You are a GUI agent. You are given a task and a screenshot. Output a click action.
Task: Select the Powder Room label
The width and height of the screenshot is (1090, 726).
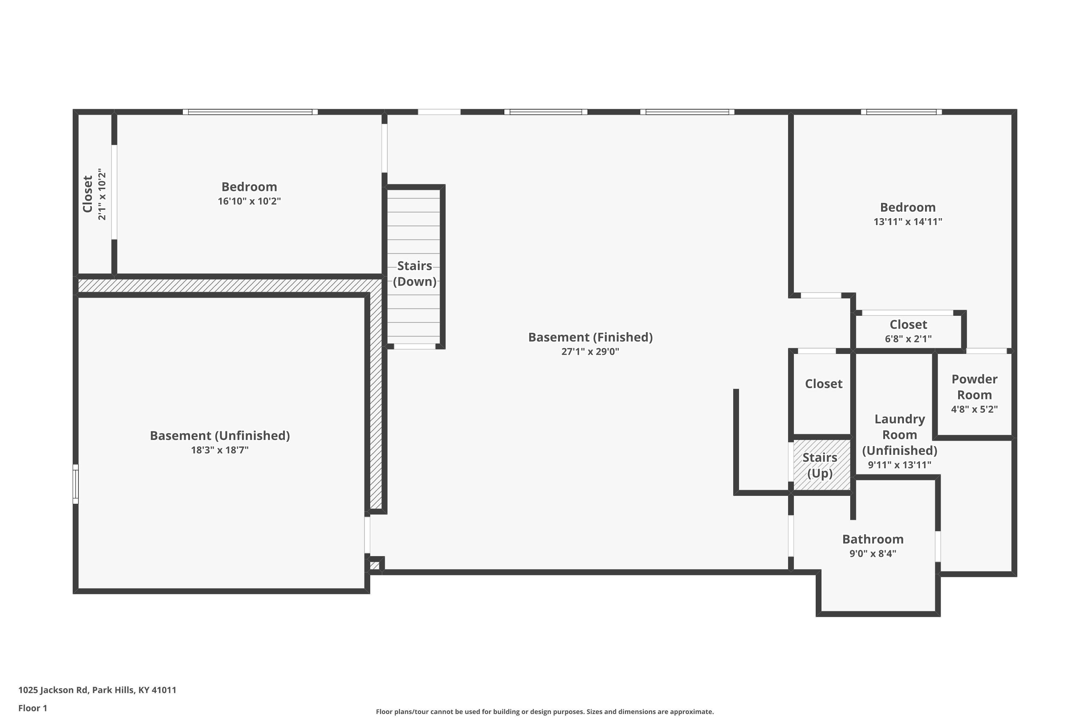click(x=974, y=387)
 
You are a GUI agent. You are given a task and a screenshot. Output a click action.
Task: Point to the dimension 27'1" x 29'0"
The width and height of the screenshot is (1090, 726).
click(x=590, y=351)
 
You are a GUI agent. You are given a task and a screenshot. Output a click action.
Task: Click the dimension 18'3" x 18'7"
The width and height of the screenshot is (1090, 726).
click(x=220, y=450)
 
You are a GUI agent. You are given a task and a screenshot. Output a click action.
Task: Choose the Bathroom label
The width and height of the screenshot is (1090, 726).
click(x=873, y=539)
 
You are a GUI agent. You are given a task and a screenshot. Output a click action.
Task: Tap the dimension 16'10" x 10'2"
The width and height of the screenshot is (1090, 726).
click(x=249, y=201)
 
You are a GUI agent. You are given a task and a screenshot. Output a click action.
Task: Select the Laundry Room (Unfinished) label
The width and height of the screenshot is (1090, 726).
click(x=900, y=435)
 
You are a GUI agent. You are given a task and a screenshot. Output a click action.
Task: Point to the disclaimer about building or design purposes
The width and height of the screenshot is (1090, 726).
click(x=545, y=711)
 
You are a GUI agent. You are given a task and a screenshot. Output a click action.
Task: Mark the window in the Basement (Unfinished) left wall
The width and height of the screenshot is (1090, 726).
click(x=76, y=484)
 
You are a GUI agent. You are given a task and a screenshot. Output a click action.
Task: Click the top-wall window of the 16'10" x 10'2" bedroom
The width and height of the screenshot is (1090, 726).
click(x=250, y=111)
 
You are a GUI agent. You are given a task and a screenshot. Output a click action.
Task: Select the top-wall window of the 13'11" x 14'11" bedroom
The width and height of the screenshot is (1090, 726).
click(x=901, y=111)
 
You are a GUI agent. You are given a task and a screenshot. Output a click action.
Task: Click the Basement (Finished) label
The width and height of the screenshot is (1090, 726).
click(x=590, y=337)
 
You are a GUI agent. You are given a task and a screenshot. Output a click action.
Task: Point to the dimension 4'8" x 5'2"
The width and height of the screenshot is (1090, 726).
click(x=974, y=409)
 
